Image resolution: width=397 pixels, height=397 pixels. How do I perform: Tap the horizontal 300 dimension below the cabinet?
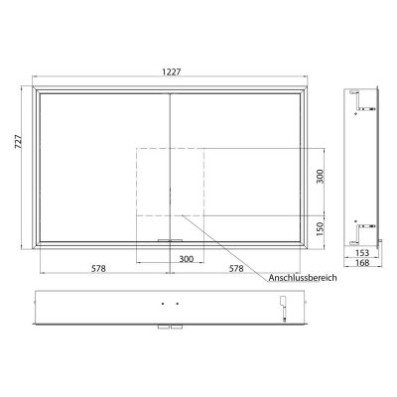170,259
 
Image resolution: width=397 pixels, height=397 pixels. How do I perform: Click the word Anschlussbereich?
303,280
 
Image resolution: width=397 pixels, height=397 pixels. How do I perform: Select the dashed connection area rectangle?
170,182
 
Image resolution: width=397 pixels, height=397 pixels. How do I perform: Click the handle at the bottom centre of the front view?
171,240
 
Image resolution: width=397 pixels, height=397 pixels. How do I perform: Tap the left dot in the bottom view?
163,304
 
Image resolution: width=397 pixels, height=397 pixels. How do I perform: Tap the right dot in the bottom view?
177,304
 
